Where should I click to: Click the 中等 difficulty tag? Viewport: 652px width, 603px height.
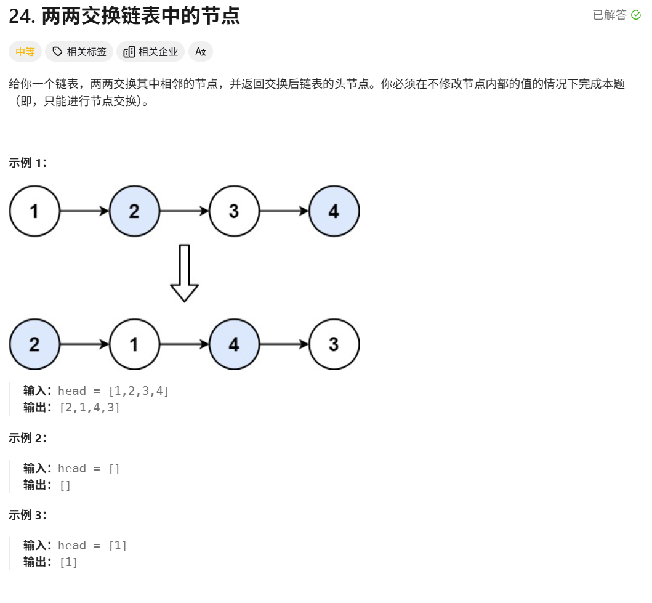coord(25,52)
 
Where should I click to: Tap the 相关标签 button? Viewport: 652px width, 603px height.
coord(79,52)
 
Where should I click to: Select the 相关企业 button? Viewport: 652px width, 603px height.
coord(151,52)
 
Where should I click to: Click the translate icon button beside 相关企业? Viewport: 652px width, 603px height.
coord(200,52)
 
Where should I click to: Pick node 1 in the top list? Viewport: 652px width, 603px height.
coord(34,211)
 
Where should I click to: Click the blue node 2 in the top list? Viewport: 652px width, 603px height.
coord(134,211)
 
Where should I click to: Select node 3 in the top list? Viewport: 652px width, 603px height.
coord(234,211)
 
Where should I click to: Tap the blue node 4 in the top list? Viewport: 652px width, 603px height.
coord(334,211)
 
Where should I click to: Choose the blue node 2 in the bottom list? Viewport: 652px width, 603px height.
coord(34,344)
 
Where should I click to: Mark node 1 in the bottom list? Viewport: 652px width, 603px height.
coord(134,344)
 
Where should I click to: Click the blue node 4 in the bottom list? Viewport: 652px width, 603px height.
coord(234,344)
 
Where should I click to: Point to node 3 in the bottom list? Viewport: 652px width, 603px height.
coord(334,344)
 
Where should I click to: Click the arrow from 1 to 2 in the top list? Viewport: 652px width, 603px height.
coord(84,211)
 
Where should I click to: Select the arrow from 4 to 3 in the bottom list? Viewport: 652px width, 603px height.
coord(284,344)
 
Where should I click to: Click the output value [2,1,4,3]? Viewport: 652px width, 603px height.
coord(89,408)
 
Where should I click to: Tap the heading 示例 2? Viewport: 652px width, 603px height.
coord(28,438)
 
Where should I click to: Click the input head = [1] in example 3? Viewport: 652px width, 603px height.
coord(92,545)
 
